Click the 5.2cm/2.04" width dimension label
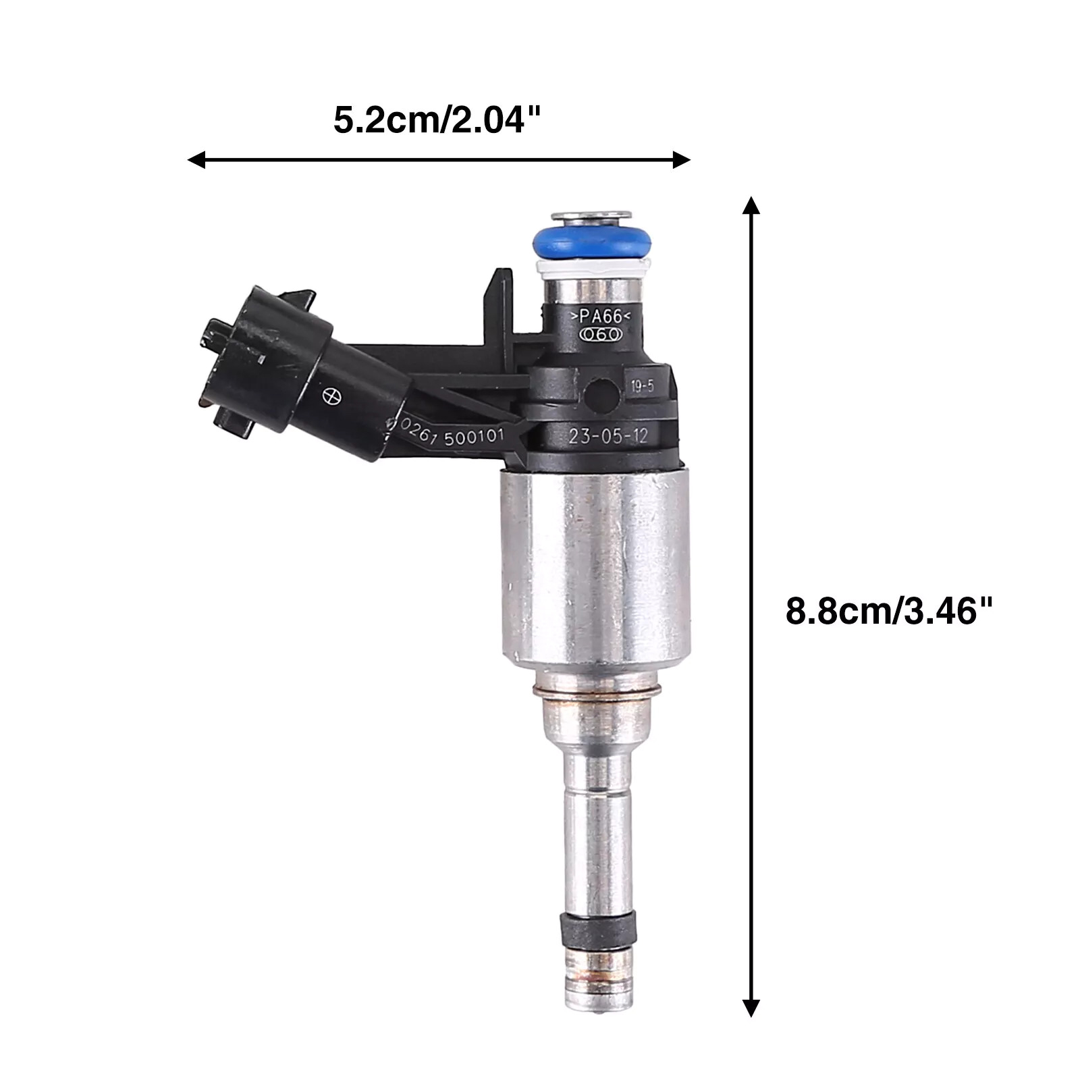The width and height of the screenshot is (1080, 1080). point(437,121)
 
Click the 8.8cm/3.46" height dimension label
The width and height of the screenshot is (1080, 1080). point(890,612)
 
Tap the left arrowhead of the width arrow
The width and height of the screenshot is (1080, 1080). point(196,160)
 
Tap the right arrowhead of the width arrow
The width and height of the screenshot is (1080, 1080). point(682,160)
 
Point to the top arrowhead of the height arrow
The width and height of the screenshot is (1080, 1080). point(751,205)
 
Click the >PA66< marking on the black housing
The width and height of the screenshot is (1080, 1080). point(601,315)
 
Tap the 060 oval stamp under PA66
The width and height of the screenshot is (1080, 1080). point(601,334)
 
